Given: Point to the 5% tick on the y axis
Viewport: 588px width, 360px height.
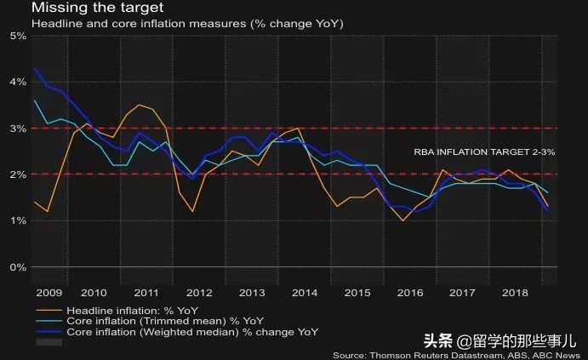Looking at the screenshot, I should pos(17,36).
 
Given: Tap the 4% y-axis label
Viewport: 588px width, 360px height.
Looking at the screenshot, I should pos(17,83).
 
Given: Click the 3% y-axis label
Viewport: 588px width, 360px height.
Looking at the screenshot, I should pos(17,129).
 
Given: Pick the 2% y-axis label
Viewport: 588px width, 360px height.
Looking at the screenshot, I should pos(17,174).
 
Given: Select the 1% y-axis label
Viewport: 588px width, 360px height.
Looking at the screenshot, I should pos(17,221).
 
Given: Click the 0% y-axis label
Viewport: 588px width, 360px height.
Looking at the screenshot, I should pos(17,267).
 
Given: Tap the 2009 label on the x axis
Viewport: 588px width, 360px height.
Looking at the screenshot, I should pos(49,292).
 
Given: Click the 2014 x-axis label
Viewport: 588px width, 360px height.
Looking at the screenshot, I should pos(304,292).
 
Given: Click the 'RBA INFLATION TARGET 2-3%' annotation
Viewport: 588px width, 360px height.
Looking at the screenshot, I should pos(484,151).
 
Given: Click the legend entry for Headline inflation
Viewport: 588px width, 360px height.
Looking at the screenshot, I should pos(133,311).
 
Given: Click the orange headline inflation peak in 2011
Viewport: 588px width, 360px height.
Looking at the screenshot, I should pos(140,105).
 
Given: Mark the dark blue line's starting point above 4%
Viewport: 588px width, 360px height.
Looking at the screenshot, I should pos(35,69).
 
